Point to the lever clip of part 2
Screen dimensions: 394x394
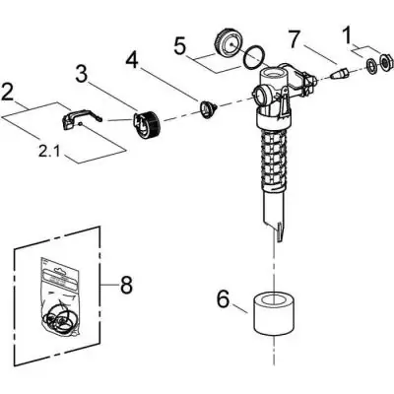(x=75, y=120)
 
